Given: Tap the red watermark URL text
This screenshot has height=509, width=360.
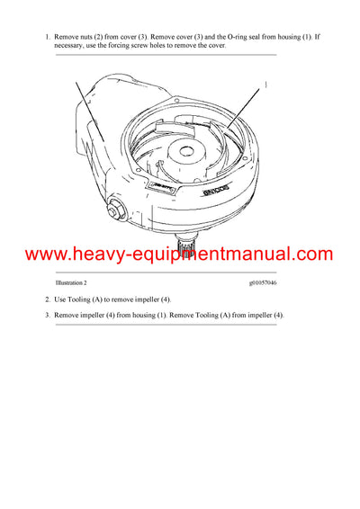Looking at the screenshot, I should (x=179, y=254).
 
